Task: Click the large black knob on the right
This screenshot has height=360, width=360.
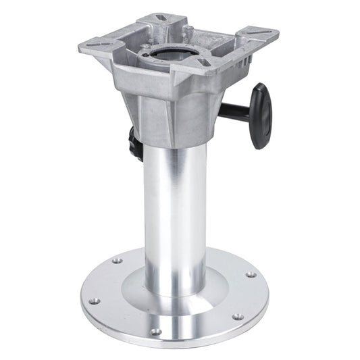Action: coord(261,115)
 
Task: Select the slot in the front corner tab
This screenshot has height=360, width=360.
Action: coord(204,62)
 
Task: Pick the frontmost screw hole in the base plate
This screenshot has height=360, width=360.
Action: coord(155,332)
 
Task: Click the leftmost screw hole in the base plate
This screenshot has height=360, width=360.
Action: coord(94,301)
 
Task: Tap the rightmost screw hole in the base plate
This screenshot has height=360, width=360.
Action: coord(251,275)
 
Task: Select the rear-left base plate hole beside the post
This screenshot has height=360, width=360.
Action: coord(117,260)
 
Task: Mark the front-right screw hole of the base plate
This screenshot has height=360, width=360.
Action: coord(237,316)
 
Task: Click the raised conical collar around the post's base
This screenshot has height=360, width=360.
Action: coord(174,284)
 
